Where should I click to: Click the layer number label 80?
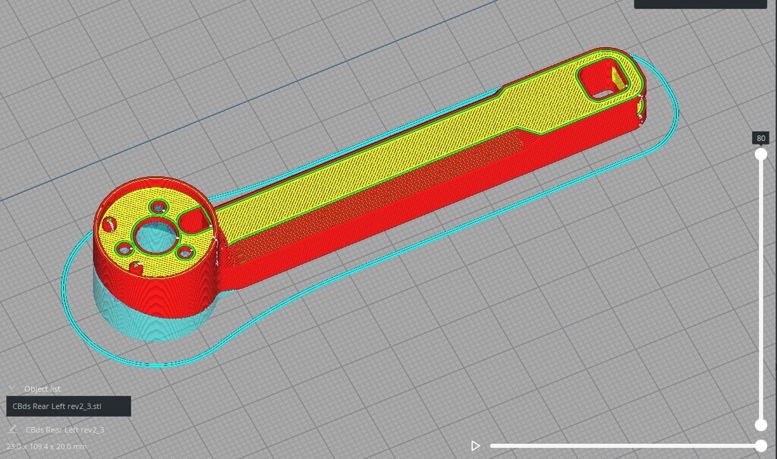(x=760, y=138)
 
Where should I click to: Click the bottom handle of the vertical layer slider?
(x=760, y=425)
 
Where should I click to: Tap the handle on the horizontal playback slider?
(x=761, y=446)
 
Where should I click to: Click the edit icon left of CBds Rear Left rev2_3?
(x=13, y=429)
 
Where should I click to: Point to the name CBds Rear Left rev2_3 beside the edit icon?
(x=64, y=430)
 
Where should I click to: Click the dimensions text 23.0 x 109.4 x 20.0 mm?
(x=46, y=447)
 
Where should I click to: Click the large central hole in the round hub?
(x=155, y=237)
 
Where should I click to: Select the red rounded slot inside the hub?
(x=194, y=221)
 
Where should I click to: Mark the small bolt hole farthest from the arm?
(x=109, y=225)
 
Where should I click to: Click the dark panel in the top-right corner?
(x=700, y=4)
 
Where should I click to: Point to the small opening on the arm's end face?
(x=642, y=109)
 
